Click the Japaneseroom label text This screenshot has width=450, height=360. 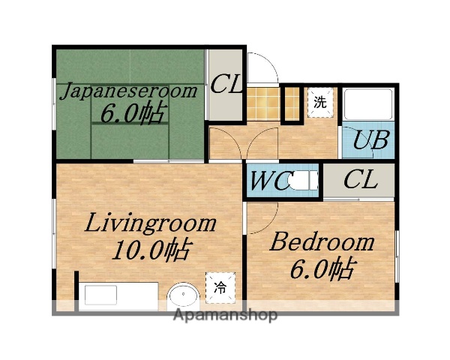(x=128, y=91)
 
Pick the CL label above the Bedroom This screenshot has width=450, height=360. (x=360, y=181)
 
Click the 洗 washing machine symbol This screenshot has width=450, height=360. (x=319, y=103)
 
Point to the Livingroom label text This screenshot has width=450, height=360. (x=149, y=223)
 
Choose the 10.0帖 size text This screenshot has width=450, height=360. (x=149, y=247)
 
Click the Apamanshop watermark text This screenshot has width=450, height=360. (x=225, y=314)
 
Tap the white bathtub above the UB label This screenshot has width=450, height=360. (x=367, y=105)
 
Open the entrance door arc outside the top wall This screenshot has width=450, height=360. (x=262, y=69)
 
